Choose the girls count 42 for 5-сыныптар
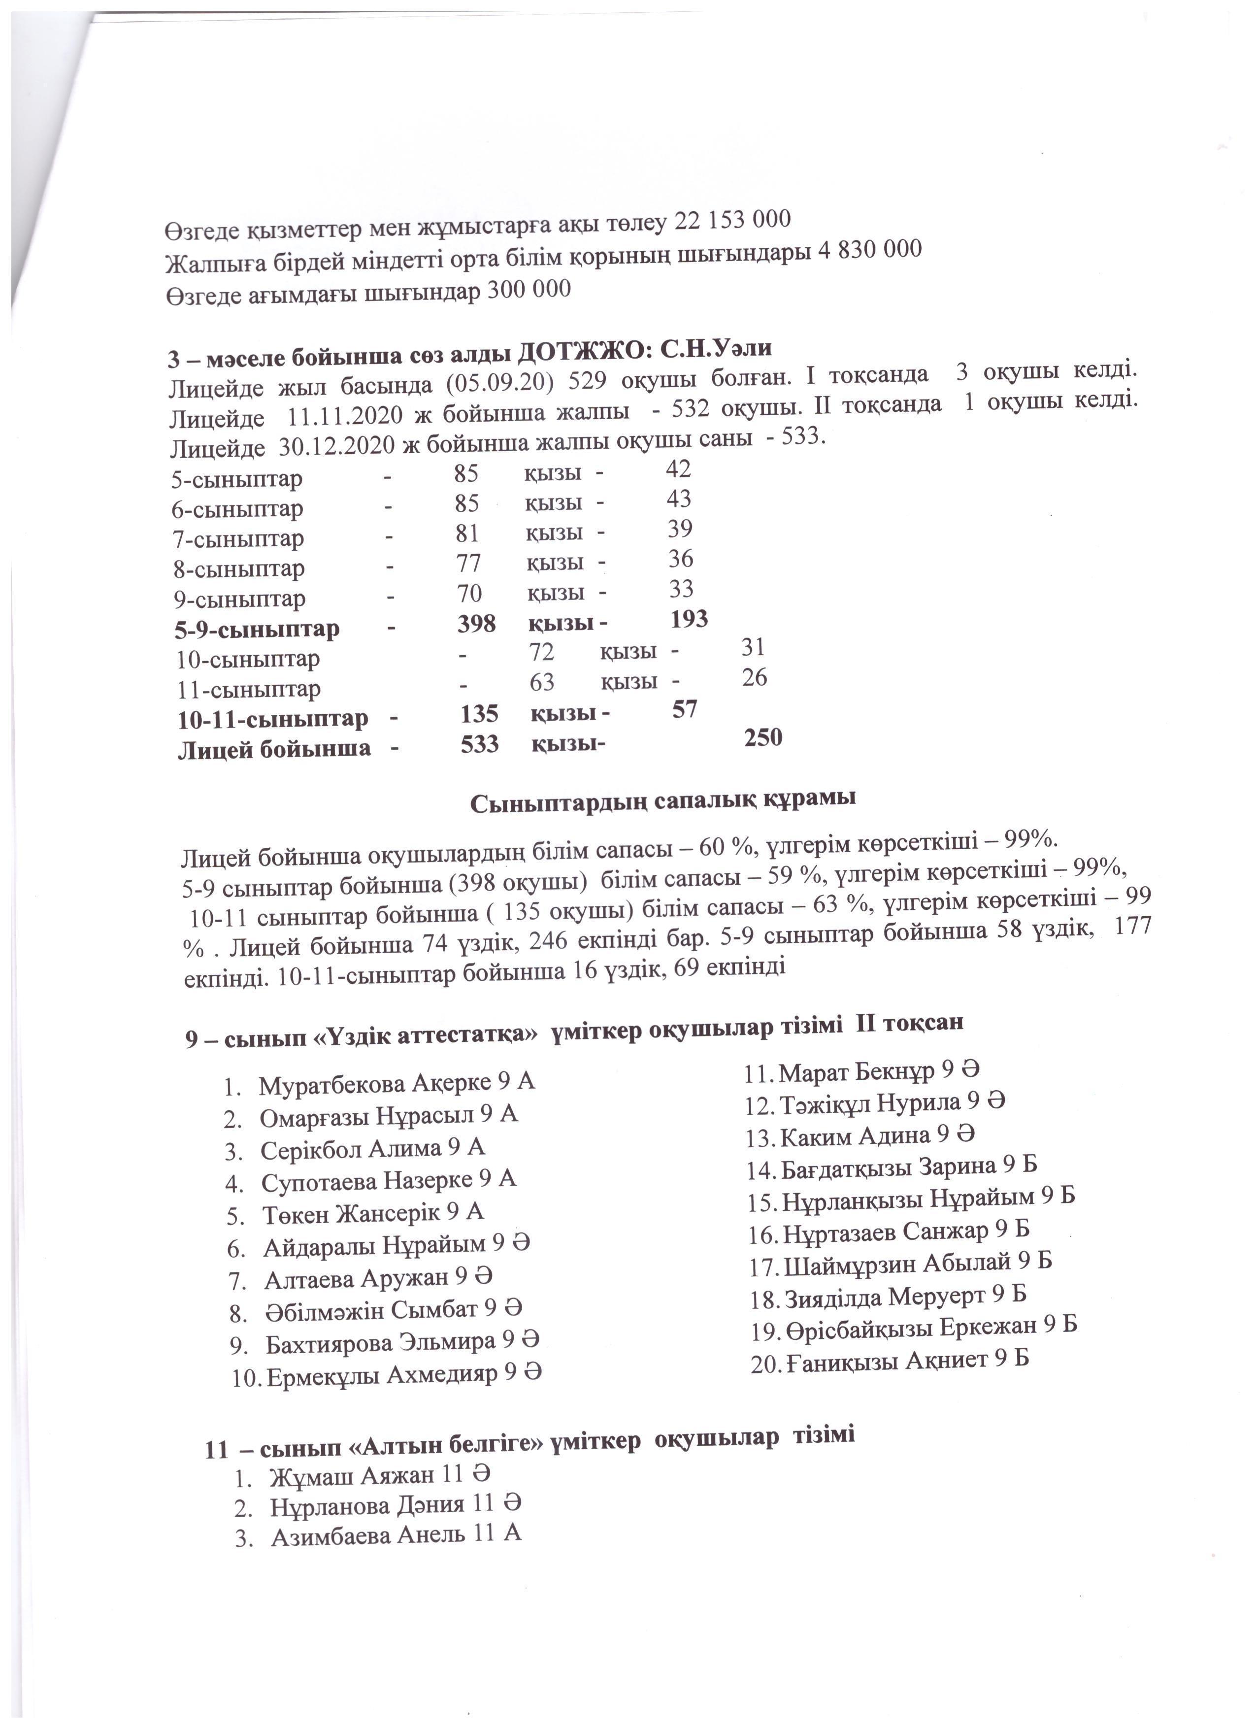(x=678, y=469)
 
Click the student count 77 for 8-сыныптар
(x=468, y=563)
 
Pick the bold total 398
(x=476, y=624)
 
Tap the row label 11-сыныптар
(x=249, y=689)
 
